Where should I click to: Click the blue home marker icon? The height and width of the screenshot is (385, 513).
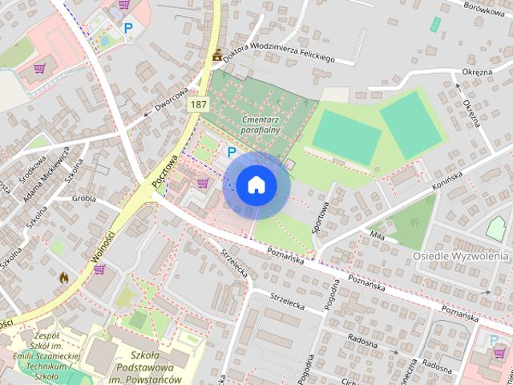(256, 185)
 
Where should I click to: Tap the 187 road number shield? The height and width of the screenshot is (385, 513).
(199, 105)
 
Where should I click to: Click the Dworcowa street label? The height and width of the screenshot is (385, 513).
(172, 100)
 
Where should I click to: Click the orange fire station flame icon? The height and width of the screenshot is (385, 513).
(63, 277)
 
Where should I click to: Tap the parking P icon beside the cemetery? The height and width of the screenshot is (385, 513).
(232, 152)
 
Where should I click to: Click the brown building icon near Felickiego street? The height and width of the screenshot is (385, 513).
(217, 55)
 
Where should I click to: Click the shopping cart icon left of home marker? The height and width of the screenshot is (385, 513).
(202, 183)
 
